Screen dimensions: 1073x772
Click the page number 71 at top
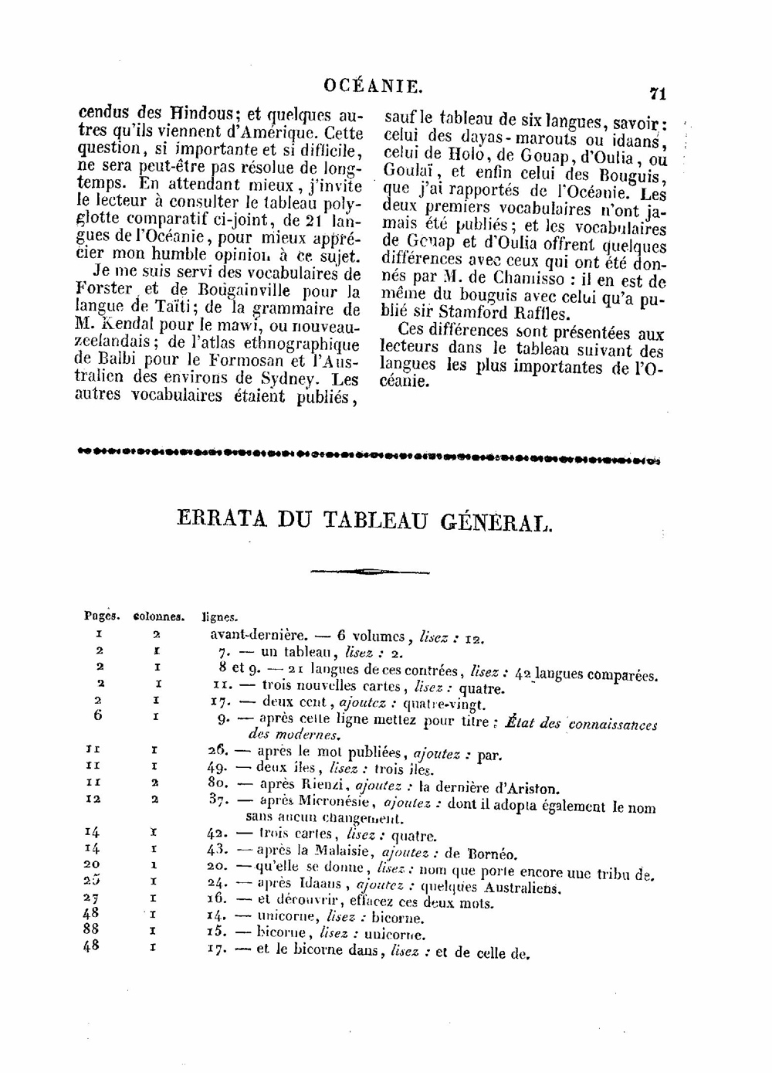[658, 93]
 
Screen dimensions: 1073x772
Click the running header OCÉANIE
[374, 86]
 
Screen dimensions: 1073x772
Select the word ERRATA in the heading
[220, 520]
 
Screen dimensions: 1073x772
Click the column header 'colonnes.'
[159, 617]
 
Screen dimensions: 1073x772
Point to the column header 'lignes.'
[220, 618]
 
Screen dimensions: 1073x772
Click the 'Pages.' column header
[102, 616]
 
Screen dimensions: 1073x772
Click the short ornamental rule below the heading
[370, 572]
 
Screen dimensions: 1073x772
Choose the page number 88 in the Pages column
[91, 929]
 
